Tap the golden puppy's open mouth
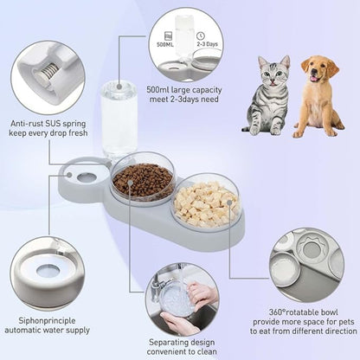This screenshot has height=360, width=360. point(314,79)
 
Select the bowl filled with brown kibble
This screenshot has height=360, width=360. point(143,180)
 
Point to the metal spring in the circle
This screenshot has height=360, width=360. point(47,72)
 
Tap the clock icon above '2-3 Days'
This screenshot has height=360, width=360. point(200,35)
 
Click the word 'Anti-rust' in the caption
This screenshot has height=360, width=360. point(26,124)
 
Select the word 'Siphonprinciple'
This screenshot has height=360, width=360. point(47,321)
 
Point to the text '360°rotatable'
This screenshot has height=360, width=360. point(292,312)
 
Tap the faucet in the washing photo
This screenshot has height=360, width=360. point(158,283)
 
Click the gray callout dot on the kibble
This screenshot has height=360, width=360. point(130,183)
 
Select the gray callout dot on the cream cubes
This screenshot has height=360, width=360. point(229,202)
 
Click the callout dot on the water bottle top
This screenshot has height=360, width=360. point(119,86)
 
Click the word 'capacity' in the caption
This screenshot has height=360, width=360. point(207,90)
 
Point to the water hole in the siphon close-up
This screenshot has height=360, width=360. point(48,270)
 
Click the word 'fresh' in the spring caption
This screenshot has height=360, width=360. point(78,133)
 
